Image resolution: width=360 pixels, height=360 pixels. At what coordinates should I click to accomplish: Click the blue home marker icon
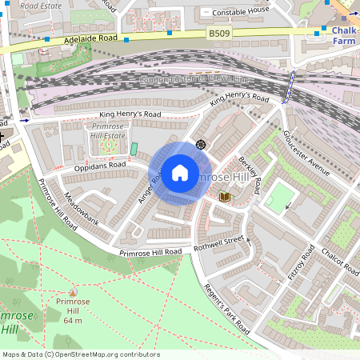click(x=180, y=173)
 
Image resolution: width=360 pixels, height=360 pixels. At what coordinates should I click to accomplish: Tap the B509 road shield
click(x=219, y=34)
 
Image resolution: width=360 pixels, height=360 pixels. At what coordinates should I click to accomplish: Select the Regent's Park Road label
click(x=228, y=310)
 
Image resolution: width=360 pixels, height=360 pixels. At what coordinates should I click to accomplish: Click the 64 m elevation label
click(x=74, y=320)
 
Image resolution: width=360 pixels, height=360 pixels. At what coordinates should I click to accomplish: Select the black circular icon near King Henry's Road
click(x=200, y=144)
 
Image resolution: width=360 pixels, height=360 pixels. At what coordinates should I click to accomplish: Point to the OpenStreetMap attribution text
click(x=80, y=354)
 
